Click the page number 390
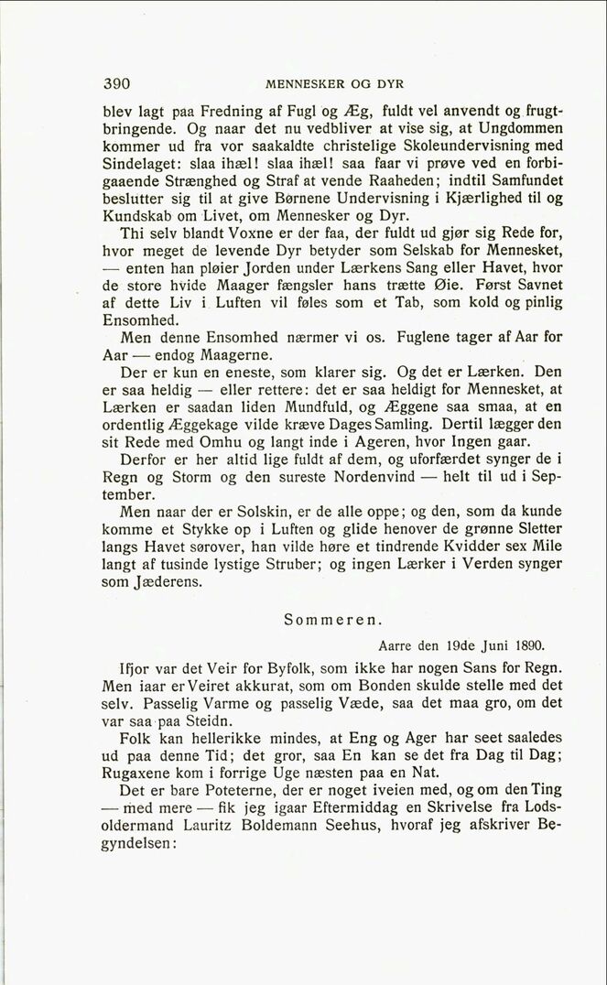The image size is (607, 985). pyautogui.click(x=116, y=82)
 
